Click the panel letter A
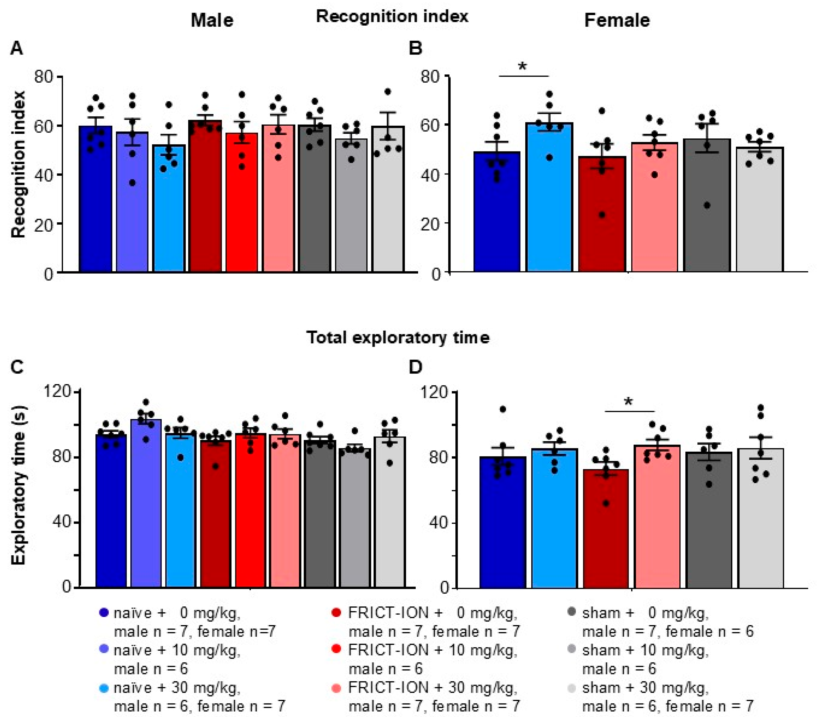16,48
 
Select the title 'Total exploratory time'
398,338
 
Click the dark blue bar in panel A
96,199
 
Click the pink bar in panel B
654,208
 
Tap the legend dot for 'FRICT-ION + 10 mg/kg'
337,649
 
